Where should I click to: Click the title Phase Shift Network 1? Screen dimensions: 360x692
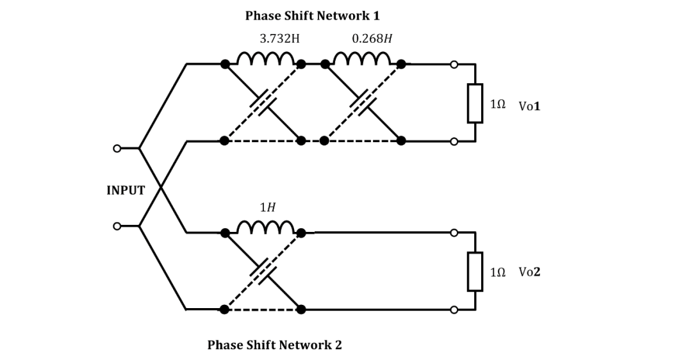click(x=312, y=15)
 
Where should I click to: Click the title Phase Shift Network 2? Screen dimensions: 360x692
click(x=274, y=345)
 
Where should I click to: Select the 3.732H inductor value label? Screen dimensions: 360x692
click(x=279, y=38)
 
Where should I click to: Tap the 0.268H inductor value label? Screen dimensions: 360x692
click(x=372, y=38)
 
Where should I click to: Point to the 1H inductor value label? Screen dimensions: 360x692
click(x=268, y=208)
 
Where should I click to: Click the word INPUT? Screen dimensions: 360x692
click(x=126, y=190)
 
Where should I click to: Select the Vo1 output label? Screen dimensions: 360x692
click(x=529, y=106)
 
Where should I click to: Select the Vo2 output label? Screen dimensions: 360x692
click(x=529, y=272)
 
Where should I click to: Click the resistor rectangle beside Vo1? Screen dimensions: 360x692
click(x=475, y=102)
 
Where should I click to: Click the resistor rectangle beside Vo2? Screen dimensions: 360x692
click(x=475, y=271)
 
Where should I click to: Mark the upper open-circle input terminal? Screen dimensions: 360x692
click(x=117, y=149)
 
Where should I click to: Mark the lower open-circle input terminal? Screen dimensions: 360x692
click(x=117, y=226)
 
